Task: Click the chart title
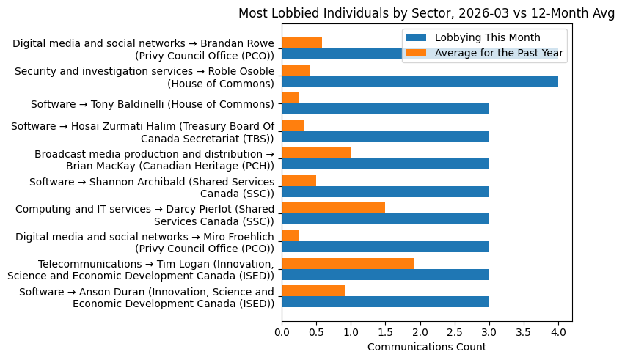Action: pyautogui.click(x=426, y=12)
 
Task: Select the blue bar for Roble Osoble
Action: pyautogui.click(x=420, y=81)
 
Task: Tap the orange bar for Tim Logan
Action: pyautogui.click(x=348, y=263)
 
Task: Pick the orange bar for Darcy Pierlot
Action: pyautogui.click(x=333, y=208)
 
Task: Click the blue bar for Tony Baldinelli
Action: pyautogui.click(x=385, y=109)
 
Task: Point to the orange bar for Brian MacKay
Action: pyautogui.click(x=316, y=153)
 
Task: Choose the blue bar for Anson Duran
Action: pyautogui.click(x=385, y=302)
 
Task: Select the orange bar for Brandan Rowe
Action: pyautogui.click(x=301, y=43)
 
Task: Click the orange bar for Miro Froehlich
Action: pyautogui.click(x=290, y=235)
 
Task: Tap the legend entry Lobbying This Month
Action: pyautogui.click(x=487, y=38)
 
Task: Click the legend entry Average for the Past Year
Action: pyautogui.click(x=499, y=52)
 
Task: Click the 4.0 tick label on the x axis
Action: pyautogui.click(x=558, y=331)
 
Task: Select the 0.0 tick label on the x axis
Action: pyautogui.click(x=282, y=331)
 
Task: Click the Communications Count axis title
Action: pyautogui.click(x=426, y=347)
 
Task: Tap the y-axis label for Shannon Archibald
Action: pyautogui.click(x=151, y=188)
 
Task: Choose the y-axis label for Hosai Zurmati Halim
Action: pyautogui.click(x=142, y=133)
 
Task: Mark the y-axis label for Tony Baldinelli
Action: pyautogui.click(x=152, y=104)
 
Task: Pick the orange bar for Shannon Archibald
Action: pyautogui.click(x=299, y=180)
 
